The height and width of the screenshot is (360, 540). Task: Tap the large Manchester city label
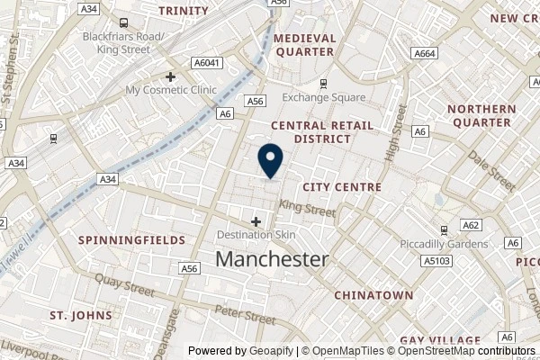coord(273,259)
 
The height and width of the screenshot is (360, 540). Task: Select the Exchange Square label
coord(323,97)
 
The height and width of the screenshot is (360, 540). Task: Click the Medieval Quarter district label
coord(304,45)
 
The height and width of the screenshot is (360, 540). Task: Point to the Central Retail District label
coord(310,132)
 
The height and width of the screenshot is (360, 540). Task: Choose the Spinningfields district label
coord(131,240)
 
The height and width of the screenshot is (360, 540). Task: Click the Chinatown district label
coord(373,294)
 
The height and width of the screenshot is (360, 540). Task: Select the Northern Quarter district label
coord(481,115)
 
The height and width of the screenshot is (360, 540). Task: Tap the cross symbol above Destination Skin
coord(256,220)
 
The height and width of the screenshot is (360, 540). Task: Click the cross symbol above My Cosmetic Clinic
coord(169,76)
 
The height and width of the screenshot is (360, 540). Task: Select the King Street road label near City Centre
coord(308,211)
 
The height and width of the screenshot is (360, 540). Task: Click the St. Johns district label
coord(81,316)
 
